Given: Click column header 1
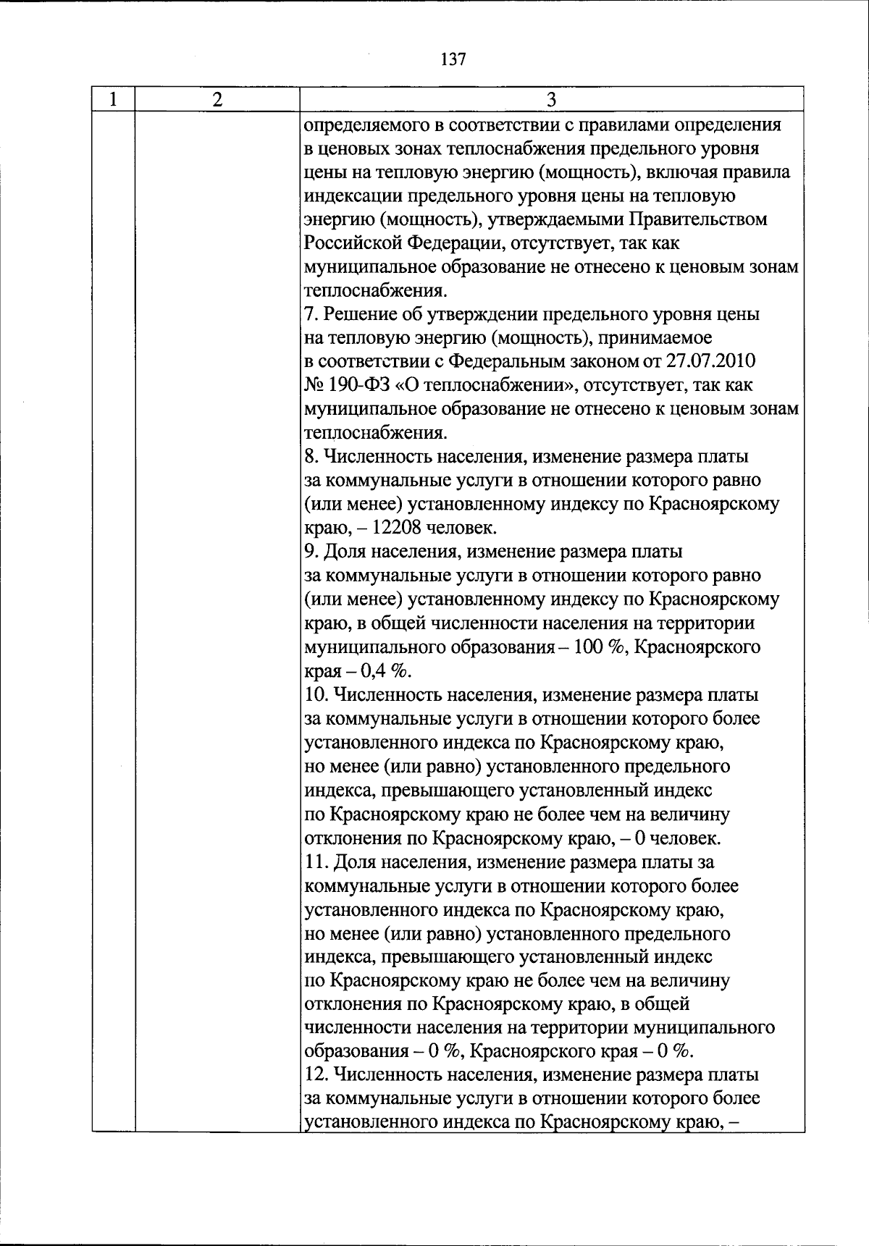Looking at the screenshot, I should [113, 99].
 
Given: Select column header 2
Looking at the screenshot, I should [217, 99].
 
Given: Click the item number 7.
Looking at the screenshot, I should [308, 314].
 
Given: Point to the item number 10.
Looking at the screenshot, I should [314, 695].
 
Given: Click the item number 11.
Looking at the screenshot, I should [313, 862].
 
